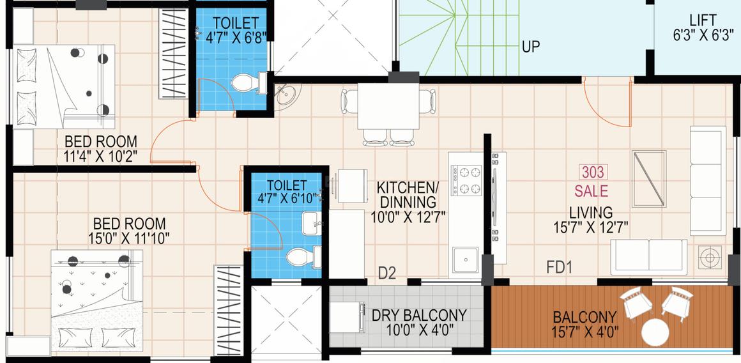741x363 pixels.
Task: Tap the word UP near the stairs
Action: (x=531, y=47)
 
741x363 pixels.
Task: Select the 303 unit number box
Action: (x=593, y=172)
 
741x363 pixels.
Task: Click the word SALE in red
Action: (x=591, y=192)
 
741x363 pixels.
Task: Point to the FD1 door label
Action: (x=560, y=268)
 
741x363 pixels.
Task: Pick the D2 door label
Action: (x=386, y=273)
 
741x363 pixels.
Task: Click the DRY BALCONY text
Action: (x=419, y=315)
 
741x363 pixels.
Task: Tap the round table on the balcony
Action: (x=655, y=332)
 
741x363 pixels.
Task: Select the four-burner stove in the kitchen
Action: (x=466, y=180)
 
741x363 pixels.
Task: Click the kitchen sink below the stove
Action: (x=466, y=260)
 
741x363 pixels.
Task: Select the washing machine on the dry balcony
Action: (x=347, y=318)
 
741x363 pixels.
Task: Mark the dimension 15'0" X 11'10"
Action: (x=128, y=238)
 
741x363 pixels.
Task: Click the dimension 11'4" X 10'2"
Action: (x=101, y=157)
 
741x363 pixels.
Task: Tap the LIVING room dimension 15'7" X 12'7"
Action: (x=591, y=228)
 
